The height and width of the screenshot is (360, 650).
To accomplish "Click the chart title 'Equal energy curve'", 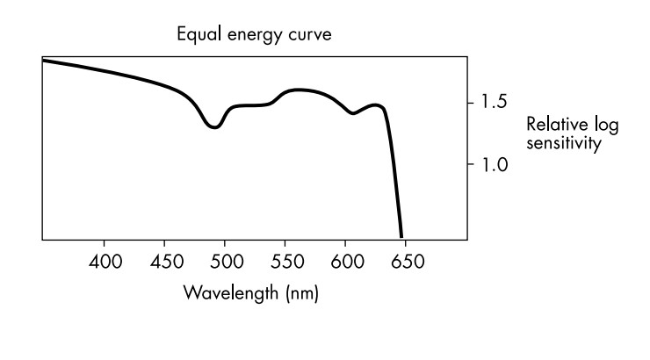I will point(255,35).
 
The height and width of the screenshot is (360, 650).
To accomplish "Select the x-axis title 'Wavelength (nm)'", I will point(251,292).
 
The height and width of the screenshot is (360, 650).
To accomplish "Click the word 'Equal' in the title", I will point(197,35).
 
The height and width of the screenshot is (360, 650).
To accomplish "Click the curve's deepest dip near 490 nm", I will point(214,127).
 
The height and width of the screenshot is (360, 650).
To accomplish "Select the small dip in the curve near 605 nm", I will point(353,113).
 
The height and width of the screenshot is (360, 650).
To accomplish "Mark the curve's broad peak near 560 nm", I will point(299,90).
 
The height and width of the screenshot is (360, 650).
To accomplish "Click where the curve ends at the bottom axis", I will point(401,236).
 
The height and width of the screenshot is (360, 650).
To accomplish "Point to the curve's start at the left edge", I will point(44,61).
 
